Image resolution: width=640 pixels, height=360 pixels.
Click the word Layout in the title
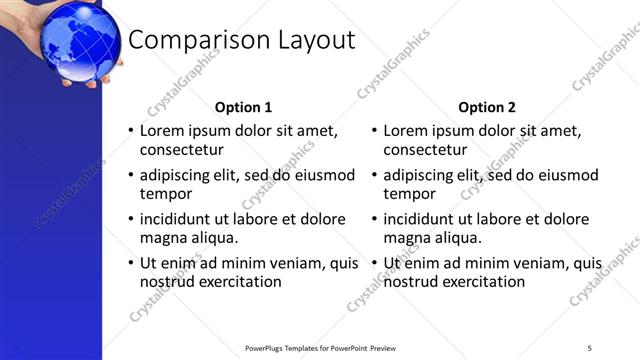click(311, 40)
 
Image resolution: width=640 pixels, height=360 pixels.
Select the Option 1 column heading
click(243, 107)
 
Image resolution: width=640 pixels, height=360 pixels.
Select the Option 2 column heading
click(487, 107)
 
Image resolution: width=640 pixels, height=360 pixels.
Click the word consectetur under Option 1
click(180, 150)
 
